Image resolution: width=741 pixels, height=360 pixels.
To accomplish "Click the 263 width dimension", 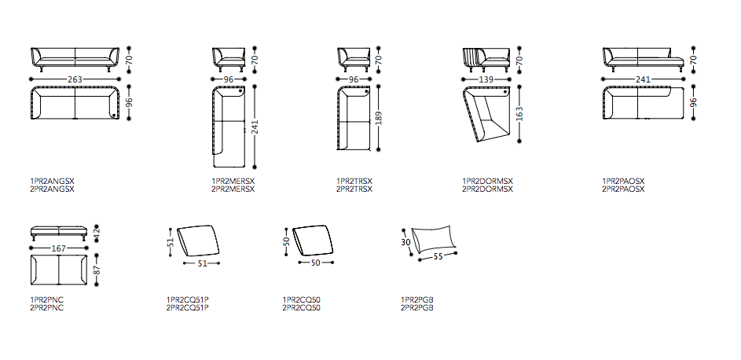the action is [75, 79].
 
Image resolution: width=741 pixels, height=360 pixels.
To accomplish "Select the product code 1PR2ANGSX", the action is [53, 181].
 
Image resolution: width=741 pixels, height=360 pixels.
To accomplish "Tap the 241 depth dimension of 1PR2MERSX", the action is [255, 126].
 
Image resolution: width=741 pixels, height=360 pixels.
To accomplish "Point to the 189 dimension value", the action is [379, 118].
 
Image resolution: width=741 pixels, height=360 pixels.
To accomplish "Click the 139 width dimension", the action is [486, 79].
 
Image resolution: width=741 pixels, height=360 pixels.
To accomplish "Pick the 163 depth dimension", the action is [520, 114].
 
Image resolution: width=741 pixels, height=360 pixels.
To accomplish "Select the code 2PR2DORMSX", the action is [487, 189].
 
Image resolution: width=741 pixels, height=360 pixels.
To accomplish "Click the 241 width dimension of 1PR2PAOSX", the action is [643, 79].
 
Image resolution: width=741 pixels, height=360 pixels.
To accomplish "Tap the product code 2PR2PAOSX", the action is [623, 189].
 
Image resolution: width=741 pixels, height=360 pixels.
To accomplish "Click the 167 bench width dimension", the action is [59, 248].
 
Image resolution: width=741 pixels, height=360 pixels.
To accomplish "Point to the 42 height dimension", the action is [97, 233].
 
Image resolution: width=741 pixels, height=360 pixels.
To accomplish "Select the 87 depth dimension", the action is [97, 270].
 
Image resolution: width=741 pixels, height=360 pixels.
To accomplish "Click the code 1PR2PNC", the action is [47, 299].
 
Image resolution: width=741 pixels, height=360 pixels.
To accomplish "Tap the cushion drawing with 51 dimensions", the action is [198, 241].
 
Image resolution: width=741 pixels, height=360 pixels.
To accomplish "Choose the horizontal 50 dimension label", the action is [316, 263].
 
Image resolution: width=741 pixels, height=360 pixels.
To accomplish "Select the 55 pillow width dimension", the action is [438, 257].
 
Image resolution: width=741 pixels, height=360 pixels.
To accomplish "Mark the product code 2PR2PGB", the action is [417, 307].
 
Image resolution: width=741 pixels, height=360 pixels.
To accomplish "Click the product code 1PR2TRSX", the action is [354, 181].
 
